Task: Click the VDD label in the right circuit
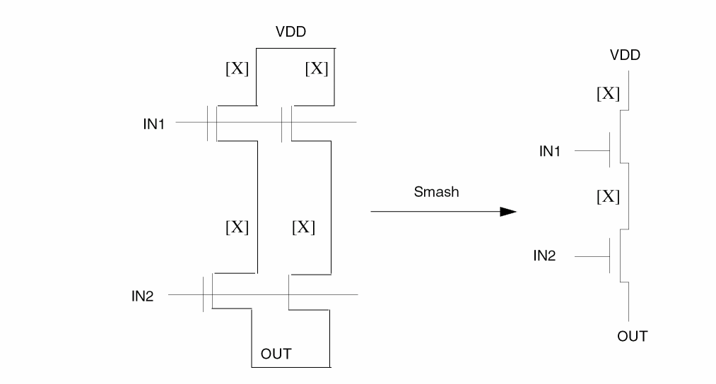[x=626, y=55]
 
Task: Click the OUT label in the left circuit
[x=276, y=354]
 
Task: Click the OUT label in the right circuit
[x=632, y=337]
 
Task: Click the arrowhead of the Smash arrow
[x=507, y=211]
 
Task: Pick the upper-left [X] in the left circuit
[x=237, y=69]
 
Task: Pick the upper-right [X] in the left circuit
[x=317, y=69]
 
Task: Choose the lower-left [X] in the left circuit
[x=237, y=227]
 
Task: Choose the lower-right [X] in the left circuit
[x=303, y=227]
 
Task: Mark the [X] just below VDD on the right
[x=608, y=92]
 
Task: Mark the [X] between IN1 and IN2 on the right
[x=608, y=196]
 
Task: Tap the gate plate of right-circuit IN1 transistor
[x=610, y=150]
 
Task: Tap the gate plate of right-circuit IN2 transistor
[x=610, y=256]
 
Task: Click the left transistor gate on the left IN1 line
[x=209, y=123]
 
